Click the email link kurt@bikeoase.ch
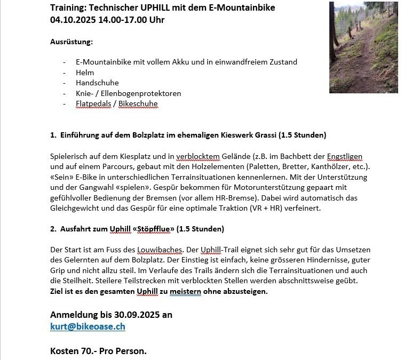[88, 326]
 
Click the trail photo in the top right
[363, 47]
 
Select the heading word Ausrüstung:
[71, 42]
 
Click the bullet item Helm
[85, 73]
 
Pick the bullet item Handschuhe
[97, 83]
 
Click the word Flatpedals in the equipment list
[93, 103]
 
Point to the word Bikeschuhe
[138, 103]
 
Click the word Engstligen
[345, 156]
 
